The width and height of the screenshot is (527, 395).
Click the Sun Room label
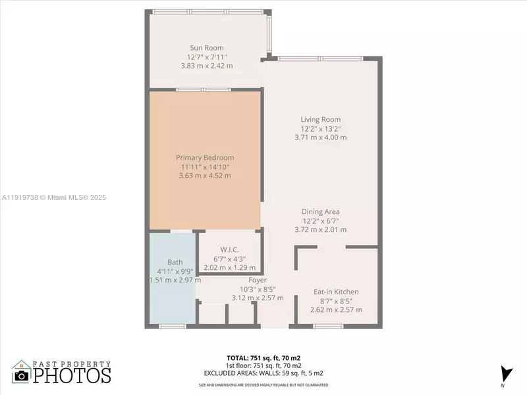(x=206, y=47)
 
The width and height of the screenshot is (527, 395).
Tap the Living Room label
(x=320, y=120)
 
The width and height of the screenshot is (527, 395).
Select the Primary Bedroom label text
(x=204, y=158)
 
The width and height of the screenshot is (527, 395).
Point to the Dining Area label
(x=320, y=212)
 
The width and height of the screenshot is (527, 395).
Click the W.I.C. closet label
(x=229, y=250)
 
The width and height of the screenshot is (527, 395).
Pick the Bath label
(x=175, y=262)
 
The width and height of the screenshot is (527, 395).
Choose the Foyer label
(x=257, y=280)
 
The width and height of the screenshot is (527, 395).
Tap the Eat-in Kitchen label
(x=336, y=292)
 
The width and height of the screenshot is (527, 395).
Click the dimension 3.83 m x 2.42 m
(x=206, y=66)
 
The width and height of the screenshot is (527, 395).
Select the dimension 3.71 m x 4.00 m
(x=320, y=138)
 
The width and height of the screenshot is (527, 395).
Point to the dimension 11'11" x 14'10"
(x=204, y=167)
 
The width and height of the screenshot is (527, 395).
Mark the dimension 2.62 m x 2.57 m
(x=336, y=309)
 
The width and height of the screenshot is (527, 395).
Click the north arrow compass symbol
(x=505, y=373)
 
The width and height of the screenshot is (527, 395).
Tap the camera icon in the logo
(x=22, y=376)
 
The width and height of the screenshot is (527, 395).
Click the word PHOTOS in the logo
(x=72, y=375)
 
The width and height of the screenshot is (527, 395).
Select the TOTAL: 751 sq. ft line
(x=262, y=358)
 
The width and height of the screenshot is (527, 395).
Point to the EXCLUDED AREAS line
(x=262, y=373)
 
